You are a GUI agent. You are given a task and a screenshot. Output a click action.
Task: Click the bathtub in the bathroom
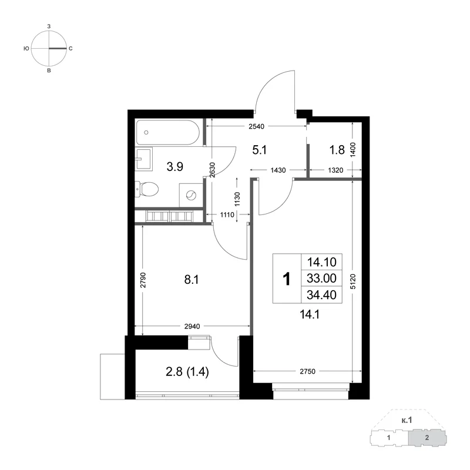[167, 133]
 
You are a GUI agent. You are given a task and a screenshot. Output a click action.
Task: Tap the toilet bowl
[146, 189]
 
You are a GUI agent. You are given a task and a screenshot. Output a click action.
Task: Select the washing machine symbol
[191, 196]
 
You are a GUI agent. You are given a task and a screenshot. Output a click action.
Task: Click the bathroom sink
[143, 159]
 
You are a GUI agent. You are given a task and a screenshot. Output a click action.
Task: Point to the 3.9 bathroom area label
[174, 167]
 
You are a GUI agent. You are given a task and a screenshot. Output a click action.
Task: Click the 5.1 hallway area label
[260, 150]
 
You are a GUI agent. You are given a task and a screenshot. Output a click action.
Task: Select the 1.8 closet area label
[337, 150]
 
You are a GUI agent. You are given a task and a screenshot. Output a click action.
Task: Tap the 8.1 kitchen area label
[192, 280]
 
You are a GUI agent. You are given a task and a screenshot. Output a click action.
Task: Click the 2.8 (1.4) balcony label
[187, 372]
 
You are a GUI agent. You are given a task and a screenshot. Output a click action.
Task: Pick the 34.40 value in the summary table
[321, 295]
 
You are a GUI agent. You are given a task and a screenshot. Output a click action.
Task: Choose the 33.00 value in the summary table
[321, 278]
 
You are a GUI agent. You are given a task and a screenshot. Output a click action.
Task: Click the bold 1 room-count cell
[287, 279]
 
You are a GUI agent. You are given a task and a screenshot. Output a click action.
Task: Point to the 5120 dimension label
[353, 281]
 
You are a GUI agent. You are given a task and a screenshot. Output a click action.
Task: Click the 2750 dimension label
[307, 372]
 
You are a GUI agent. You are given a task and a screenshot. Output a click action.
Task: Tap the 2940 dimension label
[192, 327]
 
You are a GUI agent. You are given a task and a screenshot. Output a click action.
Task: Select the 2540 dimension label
[257, 126]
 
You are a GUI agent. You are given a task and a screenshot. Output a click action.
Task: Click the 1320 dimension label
[335, 170]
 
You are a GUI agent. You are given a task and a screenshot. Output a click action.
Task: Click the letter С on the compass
[70, 49]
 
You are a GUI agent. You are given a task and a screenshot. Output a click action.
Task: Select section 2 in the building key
[427, 438]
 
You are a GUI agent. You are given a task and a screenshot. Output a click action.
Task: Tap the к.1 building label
[407, 420]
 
